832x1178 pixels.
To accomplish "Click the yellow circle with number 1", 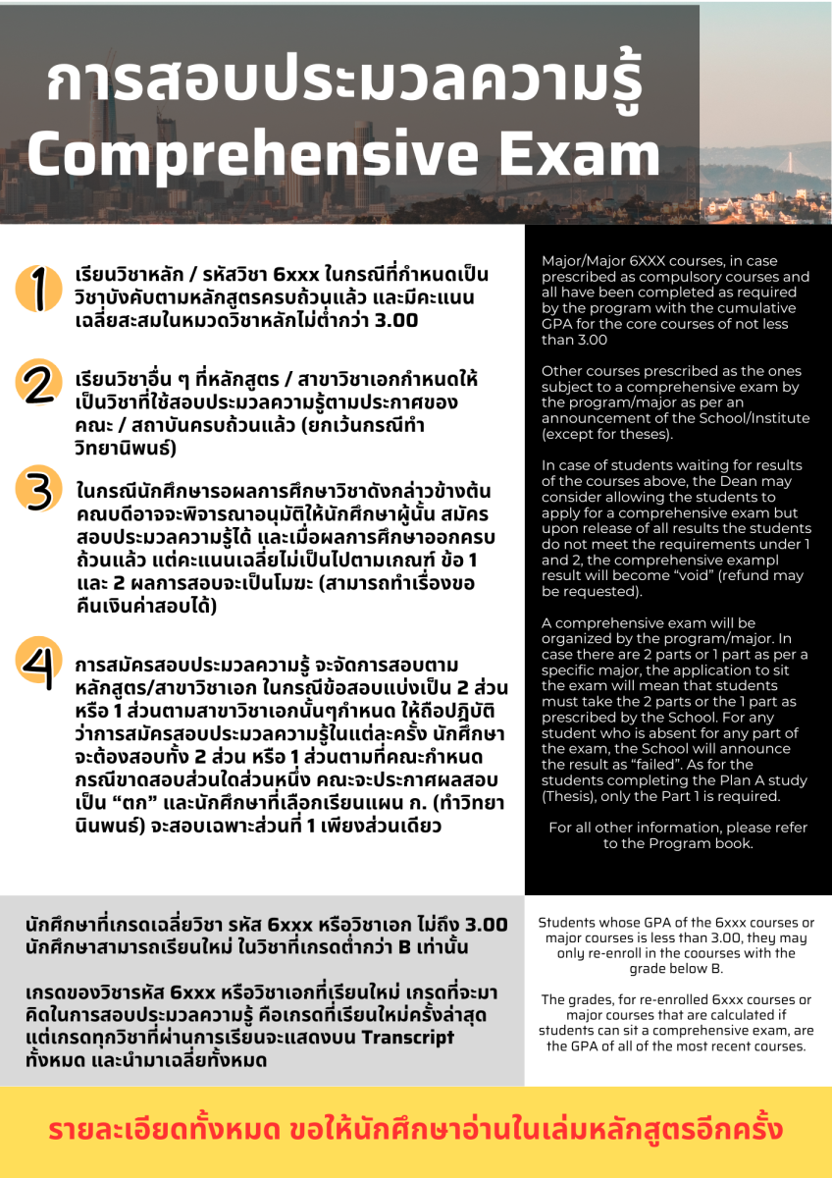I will (36, 290).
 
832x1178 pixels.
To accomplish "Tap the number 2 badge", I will (37, 383).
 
